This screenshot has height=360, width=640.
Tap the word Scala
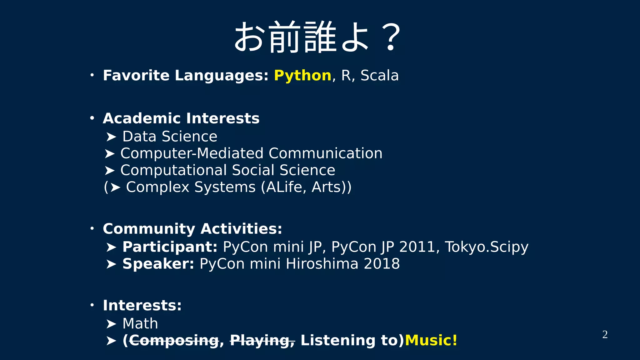tap(379, 76)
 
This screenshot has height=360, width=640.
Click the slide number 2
tap(605, 335)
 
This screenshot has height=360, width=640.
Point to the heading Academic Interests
tap(181, 118)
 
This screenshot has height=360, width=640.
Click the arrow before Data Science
tap(111, 137)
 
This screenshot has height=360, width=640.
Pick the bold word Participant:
tap(170, 247)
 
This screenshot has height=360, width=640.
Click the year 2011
tap(417, 247)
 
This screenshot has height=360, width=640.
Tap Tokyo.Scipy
tap(486, 247)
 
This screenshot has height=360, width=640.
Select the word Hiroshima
tap(322, 264)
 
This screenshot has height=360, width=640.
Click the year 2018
tap(382, 264)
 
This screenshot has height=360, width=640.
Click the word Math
tap(140, 323)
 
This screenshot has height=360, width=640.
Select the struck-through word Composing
tap(174, 341)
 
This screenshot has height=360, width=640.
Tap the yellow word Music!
tap(431, 340)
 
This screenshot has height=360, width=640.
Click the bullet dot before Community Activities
tap(92, 229)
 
